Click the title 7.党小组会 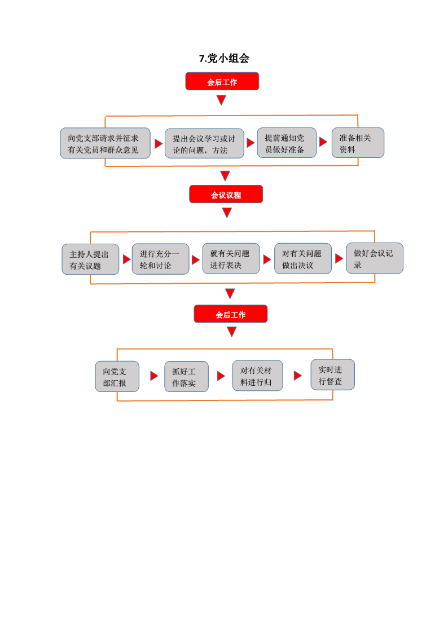[x=224, y=58]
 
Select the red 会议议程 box [x=226, y=194]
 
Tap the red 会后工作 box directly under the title [x=222, y=81]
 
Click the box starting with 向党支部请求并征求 [x=105, y=143]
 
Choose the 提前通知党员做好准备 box [x=287, y=143]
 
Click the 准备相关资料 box [x=358, y=143]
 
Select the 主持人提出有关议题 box [x=90, y=259]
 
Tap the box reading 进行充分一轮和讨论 [x=161, y=259]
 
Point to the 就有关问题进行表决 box [x=231, y=259]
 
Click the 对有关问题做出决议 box [x=303, y=259]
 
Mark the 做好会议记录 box [x=375, y=258]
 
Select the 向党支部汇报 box [x=117, y=377]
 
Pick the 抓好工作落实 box [x=187, y=377]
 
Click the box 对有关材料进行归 [x=258, y=376]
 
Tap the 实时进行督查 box [x=333, y=375]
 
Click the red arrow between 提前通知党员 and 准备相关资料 [x=323, y=142]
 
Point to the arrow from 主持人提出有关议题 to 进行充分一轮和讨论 [x=127, y=259]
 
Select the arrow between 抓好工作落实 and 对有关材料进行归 [x=221, y=376]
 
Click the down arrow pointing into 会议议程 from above [x=225, y=176]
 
